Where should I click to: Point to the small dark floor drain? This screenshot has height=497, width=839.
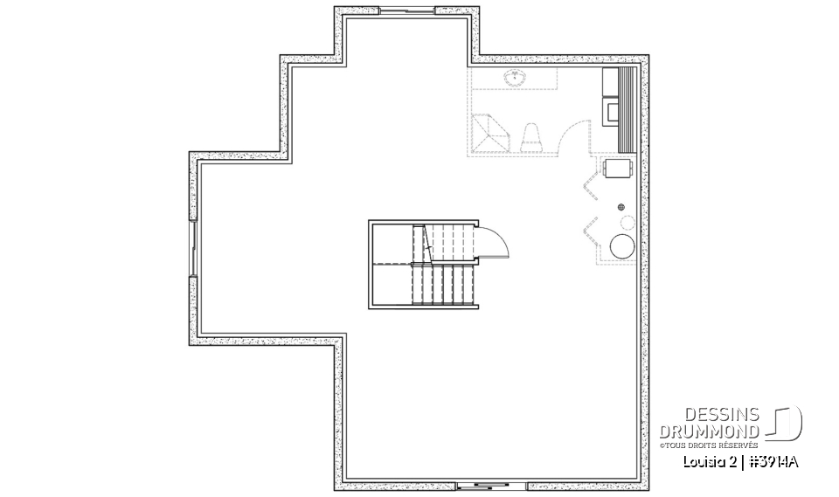[x=621, y=207]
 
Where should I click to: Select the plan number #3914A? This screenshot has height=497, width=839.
[x=774, y=460]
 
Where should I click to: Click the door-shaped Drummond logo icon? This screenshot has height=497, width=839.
[x=785, y=423]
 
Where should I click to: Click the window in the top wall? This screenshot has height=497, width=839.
[x=406, y=11]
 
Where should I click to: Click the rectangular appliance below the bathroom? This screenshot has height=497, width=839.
[x=618, y=167]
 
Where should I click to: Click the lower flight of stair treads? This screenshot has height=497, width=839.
[x=443, y=285]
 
